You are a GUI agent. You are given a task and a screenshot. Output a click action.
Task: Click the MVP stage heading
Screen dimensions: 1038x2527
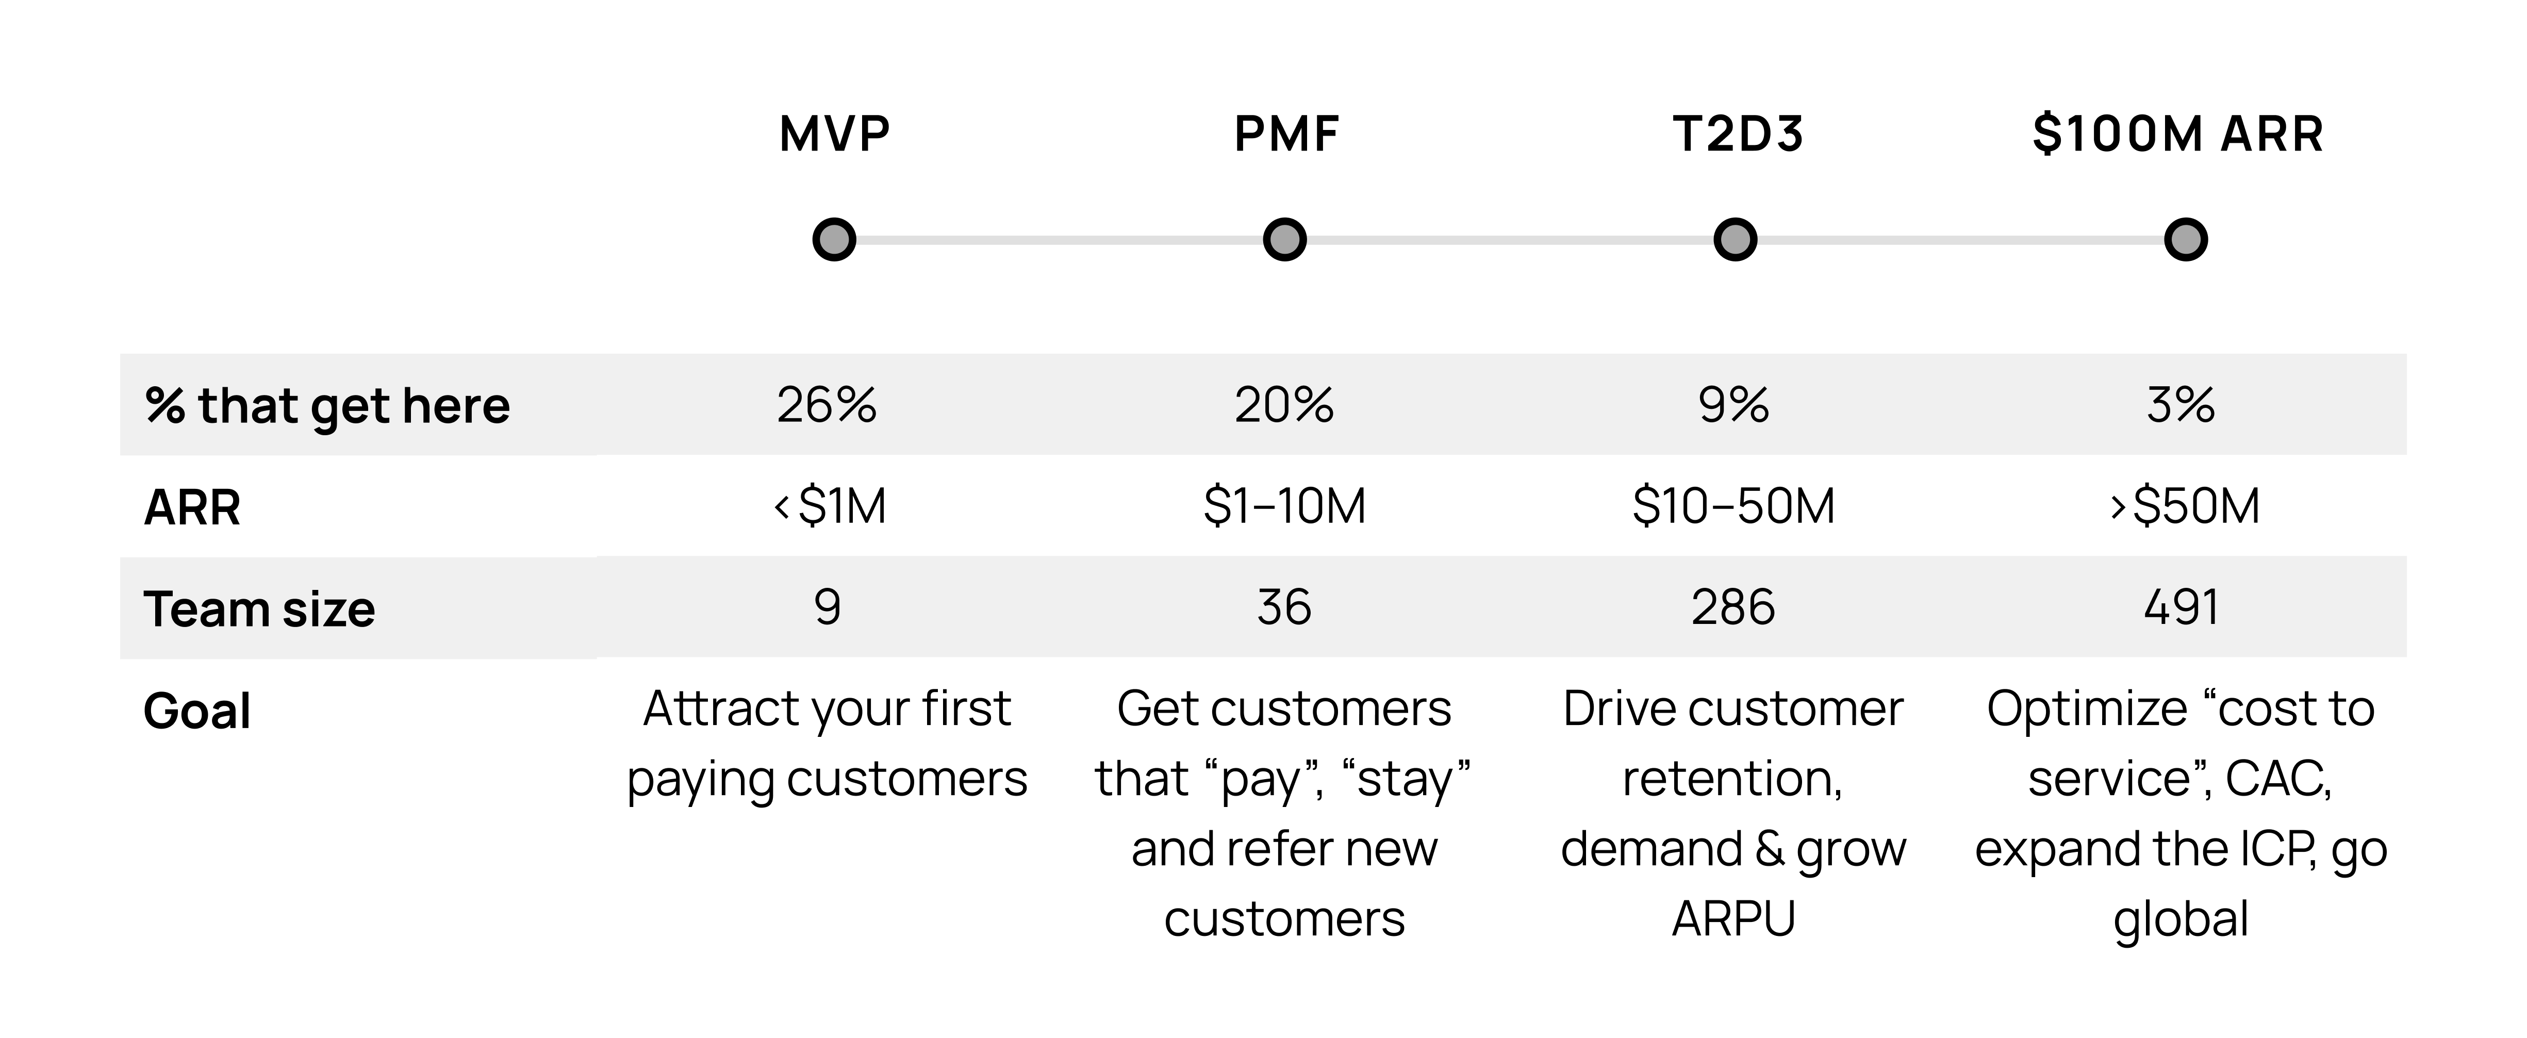[834, 135]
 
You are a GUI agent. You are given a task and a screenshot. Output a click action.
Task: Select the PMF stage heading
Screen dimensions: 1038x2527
[1285, 135]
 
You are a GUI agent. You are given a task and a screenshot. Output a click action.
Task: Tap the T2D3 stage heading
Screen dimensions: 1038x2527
[1737, 135]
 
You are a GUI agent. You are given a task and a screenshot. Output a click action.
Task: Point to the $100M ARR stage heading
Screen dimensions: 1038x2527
[2178, 135]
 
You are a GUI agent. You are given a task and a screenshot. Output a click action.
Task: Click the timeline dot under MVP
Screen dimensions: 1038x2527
[834, 239]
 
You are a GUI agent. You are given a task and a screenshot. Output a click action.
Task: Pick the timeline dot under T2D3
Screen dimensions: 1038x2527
[1735, 239]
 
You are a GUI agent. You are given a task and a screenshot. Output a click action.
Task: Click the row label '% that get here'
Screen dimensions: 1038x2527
[327, 405]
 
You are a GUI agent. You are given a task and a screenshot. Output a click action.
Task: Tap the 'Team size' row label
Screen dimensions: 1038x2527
[259, 608]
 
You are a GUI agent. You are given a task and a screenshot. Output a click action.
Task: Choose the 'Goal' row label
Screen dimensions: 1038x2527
[197, 711]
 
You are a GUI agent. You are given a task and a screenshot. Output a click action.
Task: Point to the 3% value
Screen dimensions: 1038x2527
[2179, 404]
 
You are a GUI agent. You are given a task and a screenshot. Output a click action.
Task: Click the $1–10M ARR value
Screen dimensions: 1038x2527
[1284, 506]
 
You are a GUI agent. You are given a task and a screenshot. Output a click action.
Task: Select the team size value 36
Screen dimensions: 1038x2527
[1283, 607]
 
